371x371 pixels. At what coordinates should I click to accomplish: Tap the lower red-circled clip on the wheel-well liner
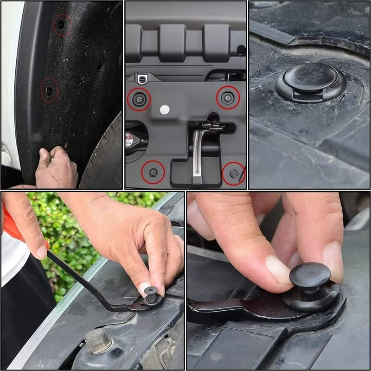49,90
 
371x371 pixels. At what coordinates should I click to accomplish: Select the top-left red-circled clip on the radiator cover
139,98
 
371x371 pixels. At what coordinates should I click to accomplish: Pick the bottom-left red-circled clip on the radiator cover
153,172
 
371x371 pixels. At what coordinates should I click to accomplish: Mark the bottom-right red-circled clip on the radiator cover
234,173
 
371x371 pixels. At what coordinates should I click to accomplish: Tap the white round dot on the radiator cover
164,110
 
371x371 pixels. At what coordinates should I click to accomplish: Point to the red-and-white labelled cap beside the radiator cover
129,139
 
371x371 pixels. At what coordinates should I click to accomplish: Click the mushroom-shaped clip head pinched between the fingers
310,275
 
